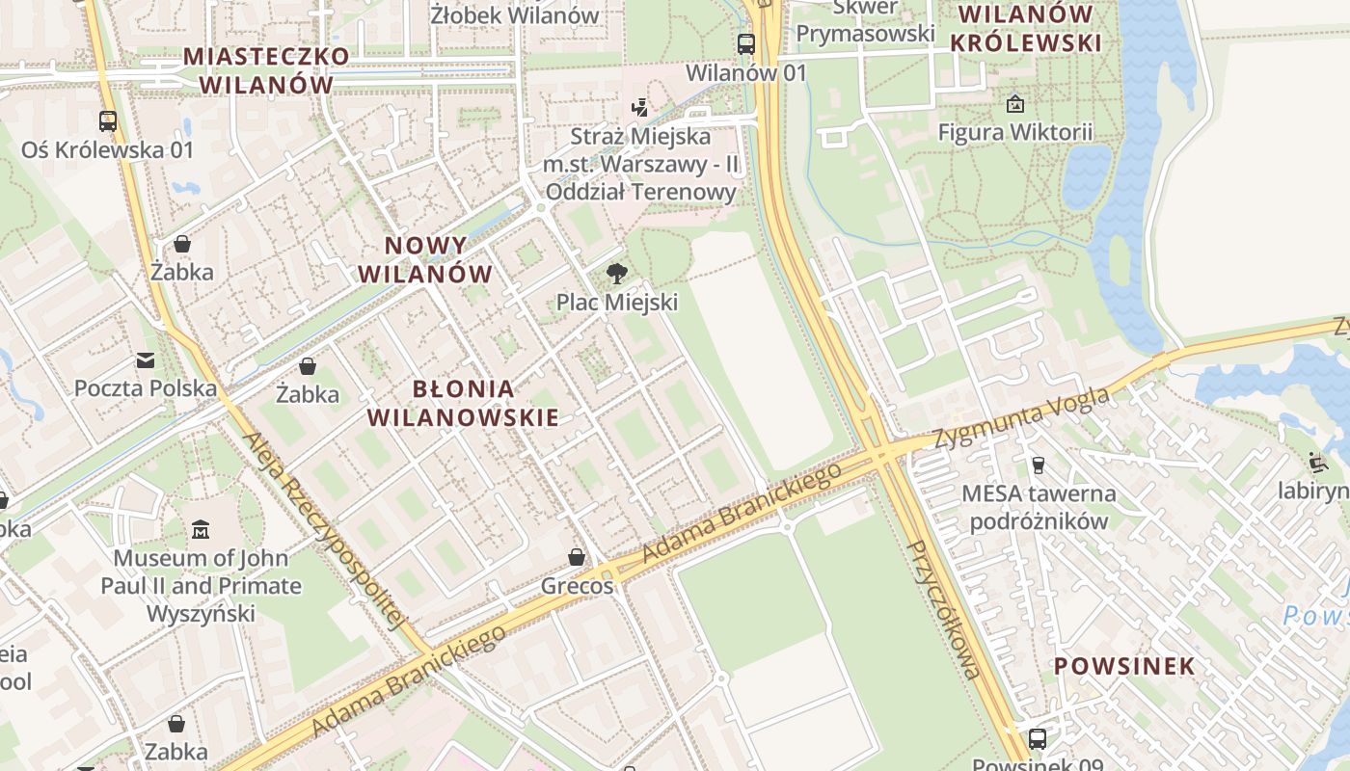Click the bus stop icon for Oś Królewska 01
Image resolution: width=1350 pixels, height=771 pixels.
[x=108, y=121]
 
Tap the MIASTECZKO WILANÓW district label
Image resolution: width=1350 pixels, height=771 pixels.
[x=266, y=69]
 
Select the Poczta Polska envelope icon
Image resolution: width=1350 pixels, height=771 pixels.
[x=146, y=360]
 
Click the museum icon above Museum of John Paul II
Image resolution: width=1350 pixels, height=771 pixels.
[x=201, y=529]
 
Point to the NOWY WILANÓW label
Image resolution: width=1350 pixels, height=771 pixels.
[x=425, y=259]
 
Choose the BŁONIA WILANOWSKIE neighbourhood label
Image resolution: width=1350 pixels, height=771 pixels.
[x=464, y=403]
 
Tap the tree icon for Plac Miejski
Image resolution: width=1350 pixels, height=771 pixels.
[x=616, y=274]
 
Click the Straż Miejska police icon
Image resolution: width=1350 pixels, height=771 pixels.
[x=639, y=107]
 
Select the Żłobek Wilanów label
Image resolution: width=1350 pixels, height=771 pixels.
[x=515, y=15]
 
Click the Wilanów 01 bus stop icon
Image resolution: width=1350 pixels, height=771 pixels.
[x=746, y=43]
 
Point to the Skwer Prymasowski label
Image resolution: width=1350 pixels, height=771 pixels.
[x=865, y=21]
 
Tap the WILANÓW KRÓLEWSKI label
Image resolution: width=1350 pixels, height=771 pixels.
[x=1026, y=29]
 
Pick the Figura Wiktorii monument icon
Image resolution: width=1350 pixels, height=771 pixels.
[x=1014, y=103]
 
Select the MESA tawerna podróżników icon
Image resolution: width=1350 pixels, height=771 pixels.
[x=1039, y=465]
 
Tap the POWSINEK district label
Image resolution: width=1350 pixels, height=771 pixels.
[x=1123, y=666]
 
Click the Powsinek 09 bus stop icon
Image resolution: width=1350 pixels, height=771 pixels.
[x=1038, y=739]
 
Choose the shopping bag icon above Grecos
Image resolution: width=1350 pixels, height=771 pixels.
[x=577, y=557]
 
